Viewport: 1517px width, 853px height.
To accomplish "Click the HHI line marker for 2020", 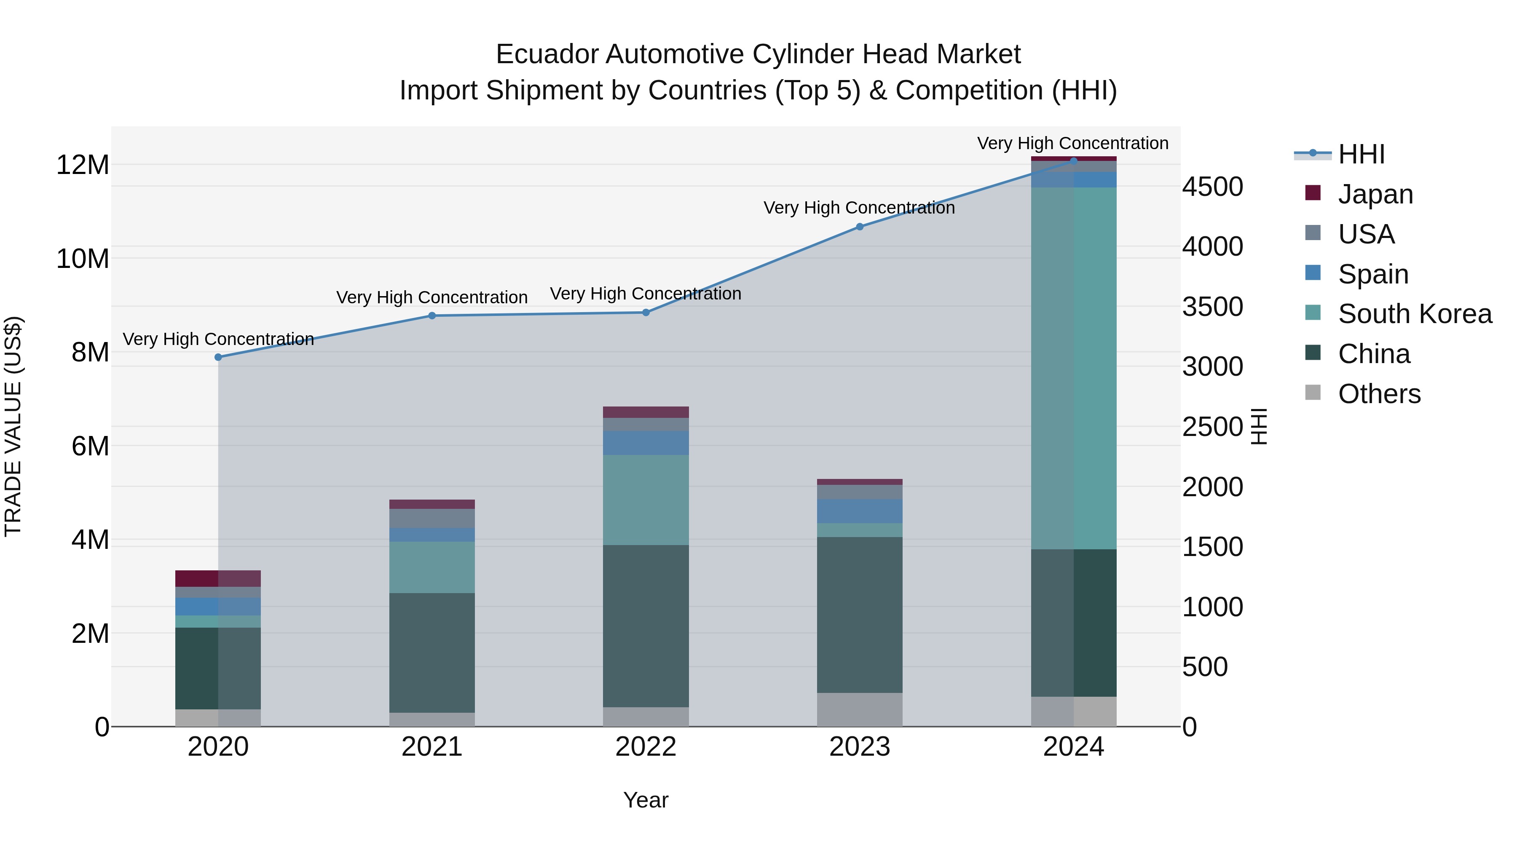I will point(218,357).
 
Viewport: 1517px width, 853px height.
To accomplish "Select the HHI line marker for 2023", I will point(859,227).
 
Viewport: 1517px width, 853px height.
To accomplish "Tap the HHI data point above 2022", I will point(646,313).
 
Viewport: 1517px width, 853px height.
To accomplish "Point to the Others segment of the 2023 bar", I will point(859,709).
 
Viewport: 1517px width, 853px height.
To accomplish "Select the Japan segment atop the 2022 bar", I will point(646,412).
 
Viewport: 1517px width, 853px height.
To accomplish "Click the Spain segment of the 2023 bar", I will point(859,511).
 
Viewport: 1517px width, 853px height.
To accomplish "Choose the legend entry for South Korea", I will point(1415,314).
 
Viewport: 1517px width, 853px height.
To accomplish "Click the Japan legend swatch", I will point(1313,193).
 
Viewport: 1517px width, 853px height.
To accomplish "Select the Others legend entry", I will point(1379,394).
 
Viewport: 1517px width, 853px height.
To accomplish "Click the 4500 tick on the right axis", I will point(1212,187).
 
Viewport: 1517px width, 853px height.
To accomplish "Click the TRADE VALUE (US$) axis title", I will point(13,426).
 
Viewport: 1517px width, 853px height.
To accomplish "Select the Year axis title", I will point(646,800).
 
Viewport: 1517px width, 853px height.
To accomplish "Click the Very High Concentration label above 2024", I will point(1072,143).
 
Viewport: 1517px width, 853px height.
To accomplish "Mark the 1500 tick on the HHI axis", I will point(1212,547).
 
